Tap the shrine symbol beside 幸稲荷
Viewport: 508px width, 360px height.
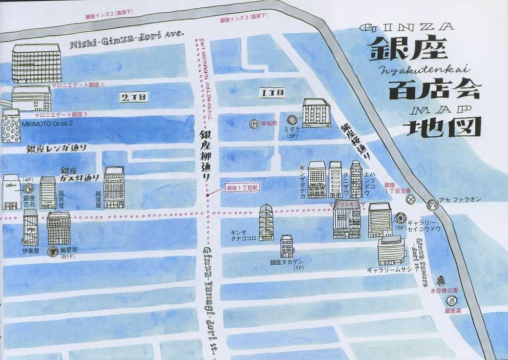[254, 124]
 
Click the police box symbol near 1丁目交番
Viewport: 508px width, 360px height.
[411, 199]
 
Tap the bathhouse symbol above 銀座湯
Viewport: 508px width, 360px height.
[452, 300]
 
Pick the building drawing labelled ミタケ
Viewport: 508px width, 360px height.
[316, 113]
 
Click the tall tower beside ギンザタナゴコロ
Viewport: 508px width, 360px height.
[266, 222]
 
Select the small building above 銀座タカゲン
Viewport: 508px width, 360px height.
[287, 246]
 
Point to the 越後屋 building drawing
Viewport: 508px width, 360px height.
[114, 187]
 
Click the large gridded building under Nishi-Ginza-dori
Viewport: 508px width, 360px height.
[36, 64]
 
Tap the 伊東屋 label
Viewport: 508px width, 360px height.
[30, 250]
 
